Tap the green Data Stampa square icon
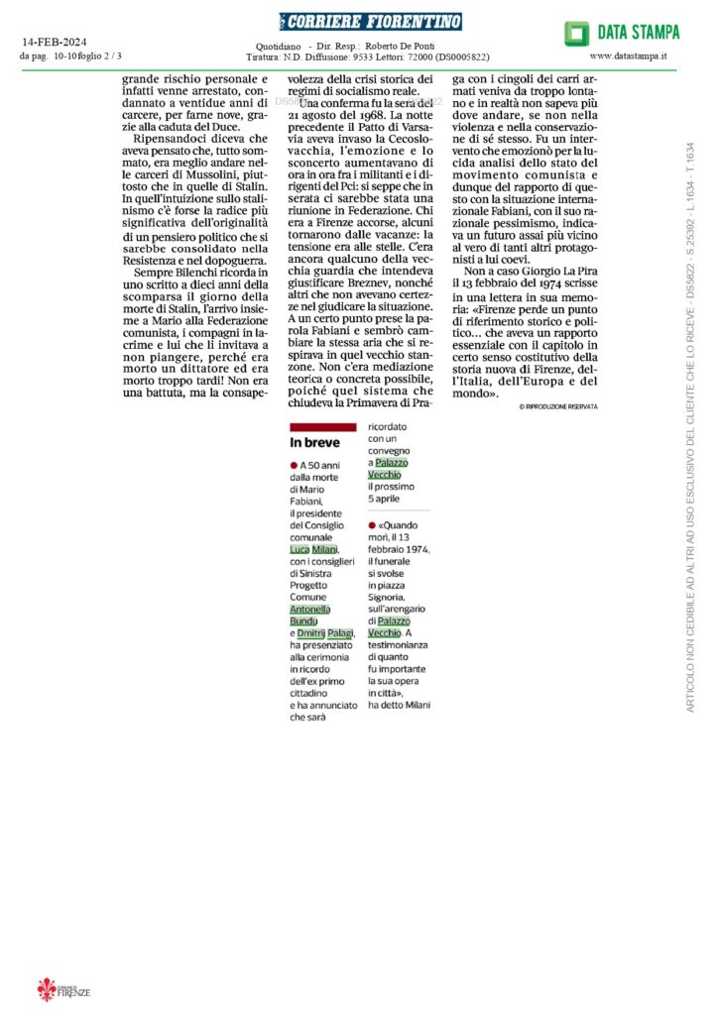point(577,34)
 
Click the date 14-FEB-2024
point(58,43)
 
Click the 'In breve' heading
point(314,442)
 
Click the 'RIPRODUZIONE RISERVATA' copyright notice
point(558,407)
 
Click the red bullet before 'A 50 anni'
point(294,465)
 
